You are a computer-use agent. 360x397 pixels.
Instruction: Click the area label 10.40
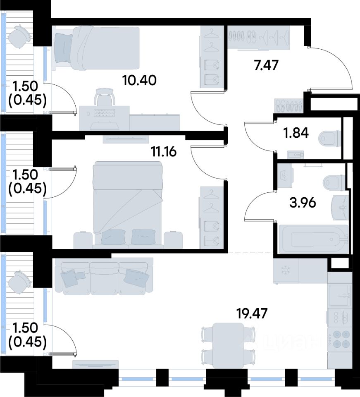click(139, 80)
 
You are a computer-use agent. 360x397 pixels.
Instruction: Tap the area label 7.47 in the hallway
click(267, 65)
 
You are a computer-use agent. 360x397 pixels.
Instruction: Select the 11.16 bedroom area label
click(164, 152)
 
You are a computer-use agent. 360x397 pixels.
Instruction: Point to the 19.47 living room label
click(252, 314)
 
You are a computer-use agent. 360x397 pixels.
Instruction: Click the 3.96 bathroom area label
click(303, 203)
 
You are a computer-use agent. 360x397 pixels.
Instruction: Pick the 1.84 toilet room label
click(296, 133)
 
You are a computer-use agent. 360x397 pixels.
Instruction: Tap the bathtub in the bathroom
click(313, 239)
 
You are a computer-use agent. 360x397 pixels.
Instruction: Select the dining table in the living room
click(229, 345)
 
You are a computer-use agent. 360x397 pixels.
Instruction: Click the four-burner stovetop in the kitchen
click(339, 339)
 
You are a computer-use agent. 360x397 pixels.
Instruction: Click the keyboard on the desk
click(105, 113)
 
